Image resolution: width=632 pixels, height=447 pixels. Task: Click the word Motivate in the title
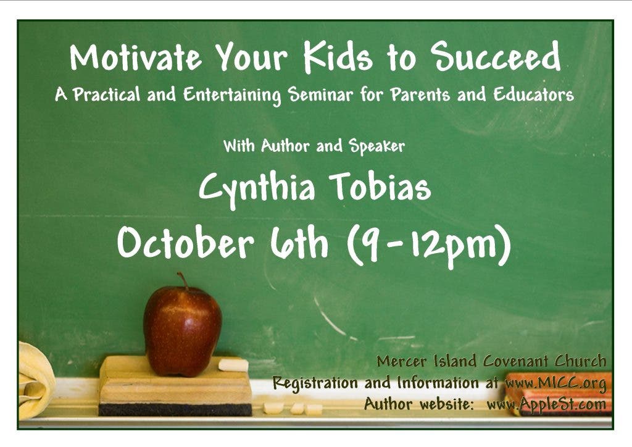[135, 57]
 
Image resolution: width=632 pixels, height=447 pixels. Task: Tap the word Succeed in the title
[496, 56]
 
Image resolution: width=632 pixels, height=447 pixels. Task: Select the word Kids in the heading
[338, 57]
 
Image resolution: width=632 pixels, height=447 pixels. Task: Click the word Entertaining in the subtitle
[232, 95]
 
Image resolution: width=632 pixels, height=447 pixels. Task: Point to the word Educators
[534, 94]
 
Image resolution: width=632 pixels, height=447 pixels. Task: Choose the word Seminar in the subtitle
[320, 94]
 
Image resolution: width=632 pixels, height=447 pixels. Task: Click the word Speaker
[377, 146]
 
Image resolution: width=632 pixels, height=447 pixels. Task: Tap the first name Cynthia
[257, 188]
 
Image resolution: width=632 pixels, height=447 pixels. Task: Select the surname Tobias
[380, 186]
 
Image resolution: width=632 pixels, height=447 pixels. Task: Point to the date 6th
[299, 242]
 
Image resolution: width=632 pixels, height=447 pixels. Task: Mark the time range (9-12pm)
[429, 245]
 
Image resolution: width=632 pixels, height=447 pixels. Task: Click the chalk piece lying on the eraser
[233, 365]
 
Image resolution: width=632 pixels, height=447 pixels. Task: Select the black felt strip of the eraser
[175, 409]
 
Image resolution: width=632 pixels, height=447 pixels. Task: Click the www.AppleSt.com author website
[547, 404]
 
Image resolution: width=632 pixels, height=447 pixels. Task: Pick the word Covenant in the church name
[516, 361]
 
